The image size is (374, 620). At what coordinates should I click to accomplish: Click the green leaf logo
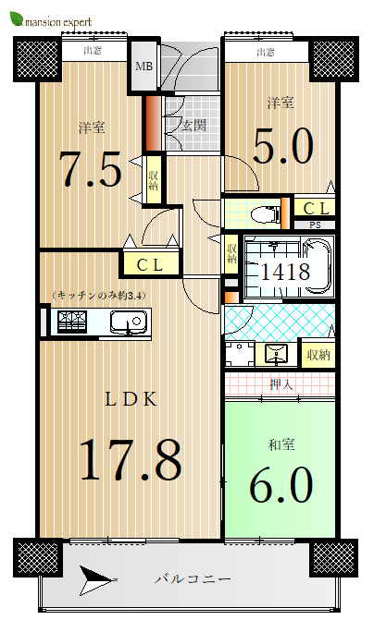(x=17, y=18)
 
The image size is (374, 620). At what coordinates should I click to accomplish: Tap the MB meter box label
(x=143, y=66)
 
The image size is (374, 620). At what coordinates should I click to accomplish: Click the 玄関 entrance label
(x=193, y=126)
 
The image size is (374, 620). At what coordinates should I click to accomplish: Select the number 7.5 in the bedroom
(x=91, y=169)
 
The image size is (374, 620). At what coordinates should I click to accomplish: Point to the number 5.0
(x=283, y=146)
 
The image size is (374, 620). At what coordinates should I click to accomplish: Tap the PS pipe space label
(x=316, y=225)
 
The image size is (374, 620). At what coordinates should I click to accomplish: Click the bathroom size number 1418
(x=285, y=272)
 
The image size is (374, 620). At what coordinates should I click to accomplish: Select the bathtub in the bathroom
(x=317, y=266)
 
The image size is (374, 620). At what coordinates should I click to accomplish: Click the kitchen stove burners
(x=71, y=322)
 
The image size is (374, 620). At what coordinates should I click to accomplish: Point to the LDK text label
(x=131, y=399)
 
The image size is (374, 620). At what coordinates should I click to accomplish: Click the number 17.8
(x=131, y=459)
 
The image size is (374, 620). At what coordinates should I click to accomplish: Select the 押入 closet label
(x=280, y=384)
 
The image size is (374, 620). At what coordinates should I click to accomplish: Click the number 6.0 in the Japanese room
(x=281, y=484)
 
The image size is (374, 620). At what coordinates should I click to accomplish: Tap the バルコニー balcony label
(x=193, y=579)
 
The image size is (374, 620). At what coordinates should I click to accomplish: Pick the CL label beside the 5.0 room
(x=317, y=209)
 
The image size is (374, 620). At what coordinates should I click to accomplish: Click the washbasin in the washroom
(x=277, y=353)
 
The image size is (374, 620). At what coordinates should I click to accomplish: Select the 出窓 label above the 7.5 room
(x=93, y=51)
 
